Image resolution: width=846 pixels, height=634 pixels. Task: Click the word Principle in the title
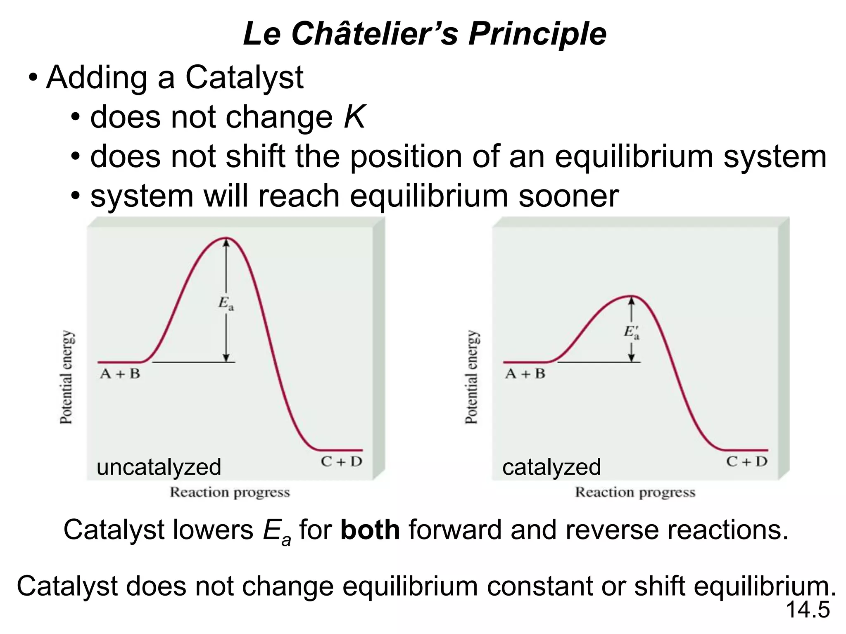pyautogui.click(x=537, y=34)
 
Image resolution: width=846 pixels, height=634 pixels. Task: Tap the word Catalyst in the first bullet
pyautogui.click(x=244, y=77)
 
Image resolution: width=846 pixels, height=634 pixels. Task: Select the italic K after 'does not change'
pyautogui.click(x=354, y=117)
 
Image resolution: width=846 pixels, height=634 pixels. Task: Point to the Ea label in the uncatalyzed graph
pyautogui.click(x=226, y=304)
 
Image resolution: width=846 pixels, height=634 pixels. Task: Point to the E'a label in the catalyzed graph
pyautogui.click(x=631, y=333)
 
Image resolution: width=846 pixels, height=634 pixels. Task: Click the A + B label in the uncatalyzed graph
pyautogui.click(x=120, y=374)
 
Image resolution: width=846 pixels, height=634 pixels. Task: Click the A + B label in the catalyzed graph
pyautogui.click(x=525, y=374)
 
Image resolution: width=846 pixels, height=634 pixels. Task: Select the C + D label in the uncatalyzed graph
pyautogui.click(x=341, y=461)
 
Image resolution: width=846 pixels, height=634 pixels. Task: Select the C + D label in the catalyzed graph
pyautogui.click(x=747, y=461)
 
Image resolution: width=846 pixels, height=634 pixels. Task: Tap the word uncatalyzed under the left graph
pyautogui.click(x=159, y=467)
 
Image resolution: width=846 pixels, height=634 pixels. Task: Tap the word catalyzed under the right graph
pyautogui.click(x=551, y=467)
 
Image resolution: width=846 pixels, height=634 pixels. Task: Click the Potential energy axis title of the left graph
pyautogui.click(x=66, y=377)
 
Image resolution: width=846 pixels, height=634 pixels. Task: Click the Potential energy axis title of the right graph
pyautogui.click(x=471, y=377)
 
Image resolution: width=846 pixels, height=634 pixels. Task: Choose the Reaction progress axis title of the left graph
pyautogui.click(x=230, y=492)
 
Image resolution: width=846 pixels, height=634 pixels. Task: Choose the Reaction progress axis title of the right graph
pyautogui.click(x=635, y=492)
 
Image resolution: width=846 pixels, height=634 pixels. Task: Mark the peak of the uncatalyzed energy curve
pyautogui.click(x=226, y=238)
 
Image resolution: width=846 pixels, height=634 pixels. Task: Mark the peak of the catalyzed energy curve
pyautogui.click(x=631, y=296)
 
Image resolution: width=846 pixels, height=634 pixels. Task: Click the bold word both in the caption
pyautogui.click(x=370, y=530)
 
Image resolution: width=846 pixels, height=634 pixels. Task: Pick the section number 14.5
pyautogui.click(x=808, y=610)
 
